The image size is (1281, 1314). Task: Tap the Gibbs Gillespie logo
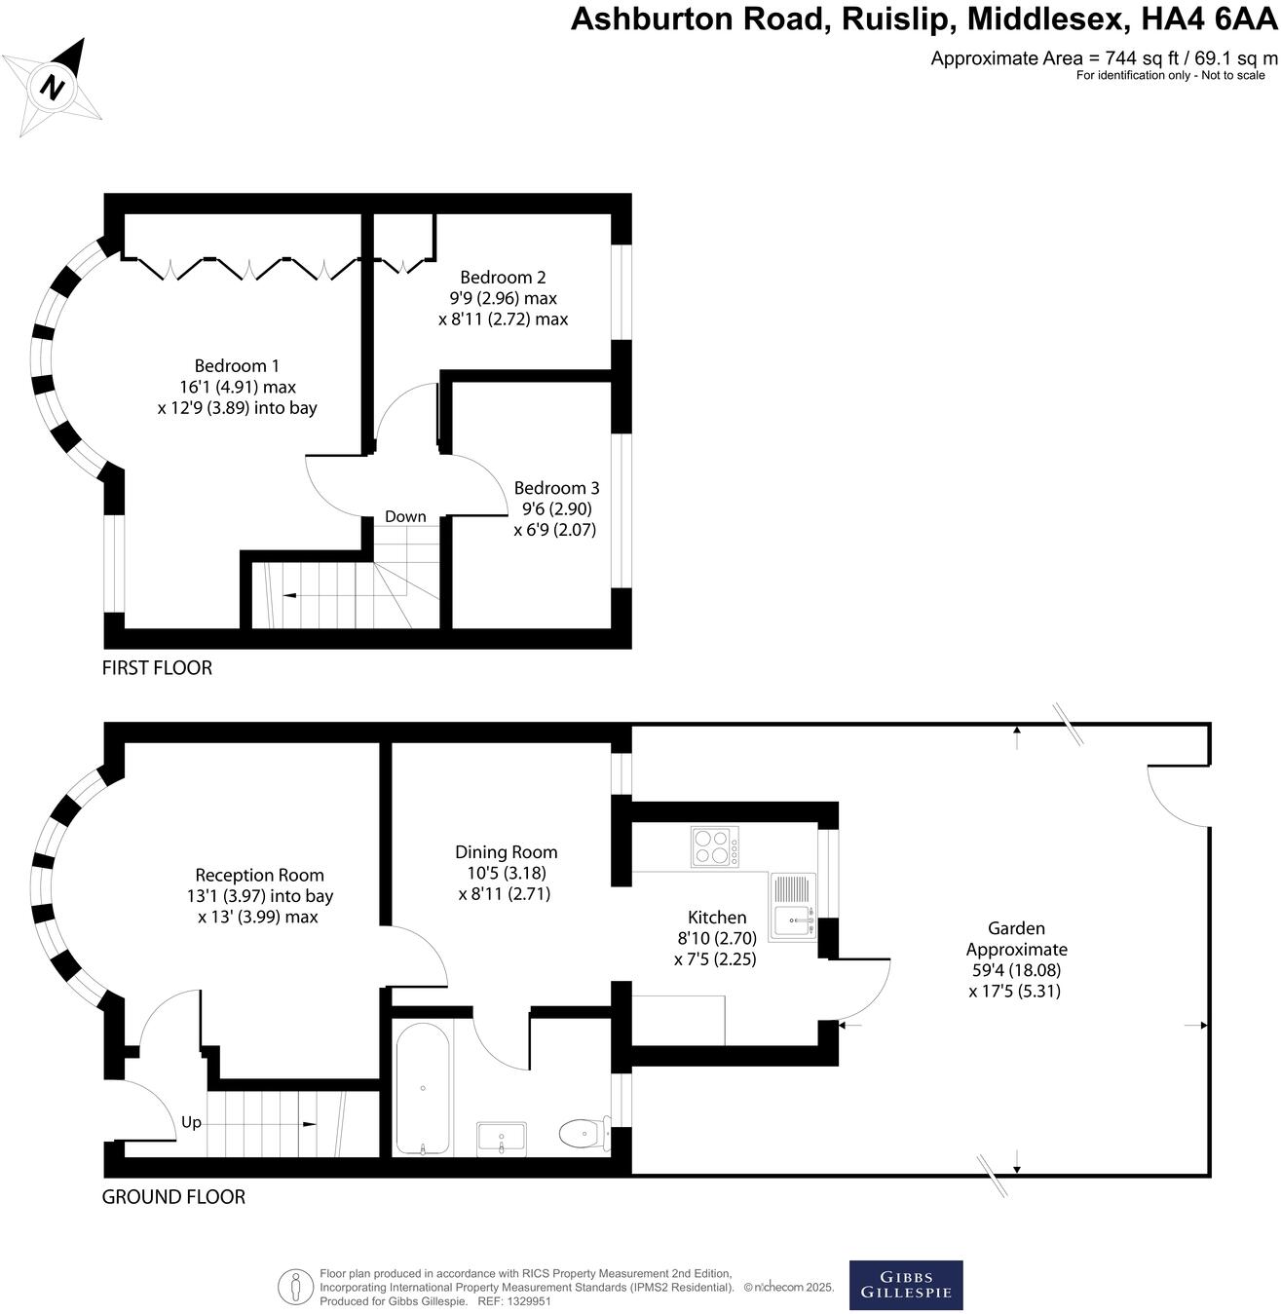906,1285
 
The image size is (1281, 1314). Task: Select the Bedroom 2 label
503,278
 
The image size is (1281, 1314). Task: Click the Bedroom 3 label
556,488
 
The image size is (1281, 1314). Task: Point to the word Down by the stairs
405,516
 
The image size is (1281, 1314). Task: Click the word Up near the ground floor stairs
191,1122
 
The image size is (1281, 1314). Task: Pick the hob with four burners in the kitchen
714,846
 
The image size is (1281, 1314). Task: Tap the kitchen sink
793,906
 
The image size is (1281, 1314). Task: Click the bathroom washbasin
502,1138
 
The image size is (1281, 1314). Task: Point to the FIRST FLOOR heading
157,668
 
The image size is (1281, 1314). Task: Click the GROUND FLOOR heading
173,1197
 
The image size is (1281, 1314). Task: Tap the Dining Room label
506,852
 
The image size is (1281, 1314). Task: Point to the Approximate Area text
1103,57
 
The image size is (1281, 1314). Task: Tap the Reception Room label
259,876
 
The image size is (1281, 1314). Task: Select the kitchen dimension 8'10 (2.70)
716,938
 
